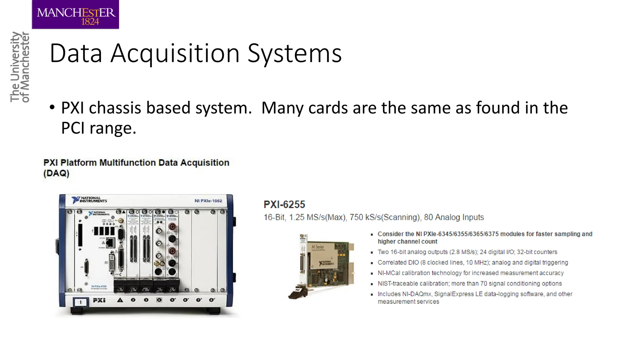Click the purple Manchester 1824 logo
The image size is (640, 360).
click(75, 14)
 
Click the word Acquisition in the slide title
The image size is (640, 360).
click(175, 53)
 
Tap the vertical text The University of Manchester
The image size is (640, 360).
click(19, 67)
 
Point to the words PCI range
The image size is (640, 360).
click(98, 128)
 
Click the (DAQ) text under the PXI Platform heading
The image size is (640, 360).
click(56, 173)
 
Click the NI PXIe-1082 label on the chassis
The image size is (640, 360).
click(208, 201)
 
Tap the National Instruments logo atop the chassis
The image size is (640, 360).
click(89, 200)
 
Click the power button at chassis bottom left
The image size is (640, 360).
click(80, 302)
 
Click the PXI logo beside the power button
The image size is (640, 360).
click(99, 300)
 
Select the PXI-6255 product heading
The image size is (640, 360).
click(284, 205)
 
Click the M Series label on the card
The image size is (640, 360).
click(317, 247)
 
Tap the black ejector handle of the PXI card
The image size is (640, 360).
click(297, 293)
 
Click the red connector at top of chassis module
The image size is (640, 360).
click(172, 226)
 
